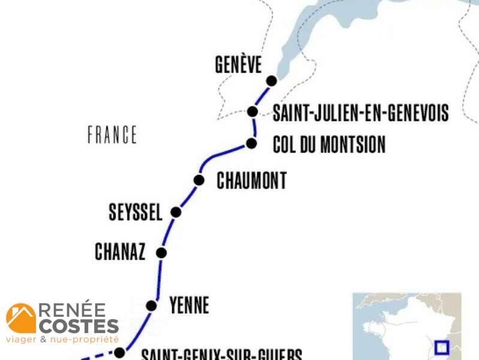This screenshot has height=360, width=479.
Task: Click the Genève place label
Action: click(x=239, y=65)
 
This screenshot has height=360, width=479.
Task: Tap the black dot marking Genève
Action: click(x=272, y=80)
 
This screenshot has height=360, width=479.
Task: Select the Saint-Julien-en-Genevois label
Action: click(x=360, y=112)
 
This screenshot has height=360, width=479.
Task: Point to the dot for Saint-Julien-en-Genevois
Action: click(x=252, y=112)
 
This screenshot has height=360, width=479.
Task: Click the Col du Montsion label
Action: click(x=329, y=145)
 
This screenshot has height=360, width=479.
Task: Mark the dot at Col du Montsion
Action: click(x=251, y=143)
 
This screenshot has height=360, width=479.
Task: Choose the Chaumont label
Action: click(x=252, y=181)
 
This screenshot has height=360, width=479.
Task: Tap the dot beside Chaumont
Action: click(x=199, y=180)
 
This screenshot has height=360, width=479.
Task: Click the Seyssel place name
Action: click(x=135, y=212)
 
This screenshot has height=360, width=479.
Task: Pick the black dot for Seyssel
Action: click(x=176, y=212)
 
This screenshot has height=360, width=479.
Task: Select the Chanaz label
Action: click(x=120, y=252)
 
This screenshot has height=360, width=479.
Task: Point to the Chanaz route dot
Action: click(x=161, y=252)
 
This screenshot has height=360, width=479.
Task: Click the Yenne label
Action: click(x=189, y=305)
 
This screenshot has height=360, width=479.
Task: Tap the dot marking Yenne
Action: click(x=151, y=306)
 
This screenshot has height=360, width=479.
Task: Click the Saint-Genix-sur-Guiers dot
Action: click(x=119, y=353)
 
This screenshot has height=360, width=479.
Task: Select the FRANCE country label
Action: click(x=112, y=134)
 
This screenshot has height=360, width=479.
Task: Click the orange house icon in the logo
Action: click(x=21, y=318)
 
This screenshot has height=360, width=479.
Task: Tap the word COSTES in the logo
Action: click(x=79, y=326)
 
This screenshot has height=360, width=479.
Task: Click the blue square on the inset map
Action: click(x=442, y=347)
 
